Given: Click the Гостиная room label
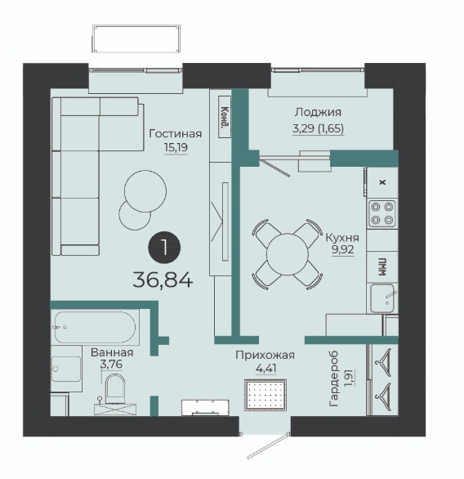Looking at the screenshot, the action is (x=175, y=133).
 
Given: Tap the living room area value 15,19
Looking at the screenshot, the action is (x=176, y=148).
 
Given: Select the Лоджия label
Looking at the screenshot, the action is (x=318, y=113).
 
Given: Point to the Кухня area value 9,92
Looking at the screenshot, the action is (x=343, y=249).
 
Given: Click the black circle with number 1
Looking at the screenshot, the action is (x=164, y=247).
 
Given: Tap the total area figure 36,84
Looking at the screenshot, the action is (x=163, y=280).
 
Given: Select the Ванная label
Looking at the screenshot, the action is (x=112, y=352).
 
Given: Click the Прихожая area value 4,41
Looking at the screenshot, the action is (x=266, y=369).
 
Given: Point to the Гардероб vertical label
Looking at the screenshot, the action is (x=334, y=378).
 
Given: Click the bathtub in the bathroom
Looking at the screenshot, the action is (x=95, y=328).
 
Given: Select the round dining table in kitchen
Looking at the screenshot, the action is (x=288, y=254).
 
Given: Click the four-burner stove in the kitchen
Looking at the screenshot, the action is (x=382, y=213).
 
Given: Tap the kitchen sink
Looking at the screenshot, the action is (x=383, y=298).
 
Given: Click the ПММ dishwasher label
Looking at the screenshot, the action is (x=382, y=267).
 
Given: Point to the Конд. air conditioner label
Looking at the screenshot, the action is (x=225, y=117).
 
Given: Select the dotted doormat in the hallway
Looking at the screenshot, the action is (x=265, y=395).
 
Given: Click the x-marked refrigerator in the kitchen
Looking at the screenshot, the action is (x=382, y=182).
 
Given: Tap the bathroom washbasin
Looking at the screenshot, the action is (x=66, y=369).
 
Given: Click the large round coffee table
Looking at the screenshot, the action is (x=145, y=191).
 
